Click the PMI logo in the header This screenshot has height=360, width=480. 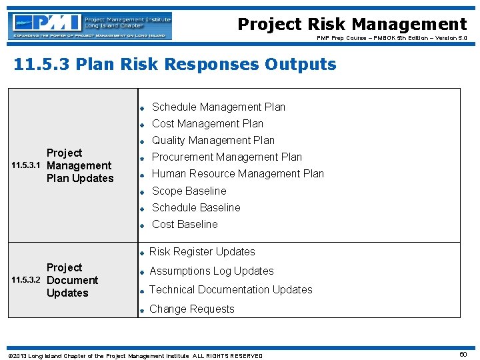(90, 26)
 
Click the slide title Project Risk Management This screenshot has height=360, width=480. (352, 25)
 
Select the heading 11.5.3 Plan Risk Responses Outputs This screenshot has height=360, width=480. (175, 65)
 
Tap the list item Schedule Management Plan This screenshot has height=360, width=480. (218, 107)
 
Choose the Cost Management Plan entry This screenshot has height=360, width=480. (207, 124)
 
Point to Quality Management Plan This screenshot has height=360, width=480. (213, 141)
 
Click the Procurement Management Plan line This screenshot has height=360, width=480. (227, 157)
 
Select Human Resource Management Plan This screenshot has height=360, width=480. (237, 174)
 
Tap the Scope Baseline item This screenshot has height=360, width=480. (189, 191)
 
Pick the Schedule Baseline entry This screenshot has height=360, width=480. (196, 208)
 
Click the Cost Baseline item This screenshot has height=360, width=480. (185, 225)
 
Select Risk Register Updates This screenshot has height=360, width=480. (202, 252)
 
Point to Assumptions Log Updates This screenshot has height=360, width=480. (211, 271)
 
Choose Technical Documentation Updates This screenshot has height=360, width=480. (231, 290)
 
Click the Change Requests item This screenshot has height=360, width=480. (192, 309)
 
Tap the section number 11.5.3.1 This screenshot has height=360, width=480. (27, 166)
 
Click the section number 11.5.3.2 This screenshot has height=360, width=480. (27, 281)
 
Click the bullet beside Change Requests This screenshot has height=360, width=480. (142, 310)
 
